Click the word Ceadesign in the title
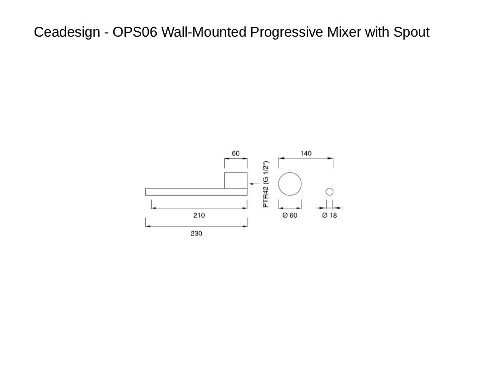coord(67,32)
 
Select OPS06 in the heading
coord(135,32)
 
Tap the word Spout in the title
coord(411,32)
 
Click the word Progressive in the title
coord(287,32)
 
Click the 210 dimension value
coord(199,215)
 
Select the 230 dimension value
coord(196,233)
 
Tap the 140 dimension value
coord(306,153)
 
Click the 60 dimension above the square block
coord(235,153)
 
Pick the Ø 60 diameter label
coord(290,215)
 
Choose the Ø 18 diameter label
coord(330,215)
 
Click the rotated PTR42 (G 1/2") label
coord(265,184)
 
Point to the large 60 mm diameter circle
coord(278,184)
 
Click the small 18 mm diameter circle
coord(326,192)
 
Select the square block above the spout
coord(224,180)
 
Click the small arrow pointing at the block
coord(254,184)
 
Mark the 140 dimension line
coord(306,158)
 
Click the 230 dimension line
coord(196,226)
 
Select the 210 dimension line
coord(199,208)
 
